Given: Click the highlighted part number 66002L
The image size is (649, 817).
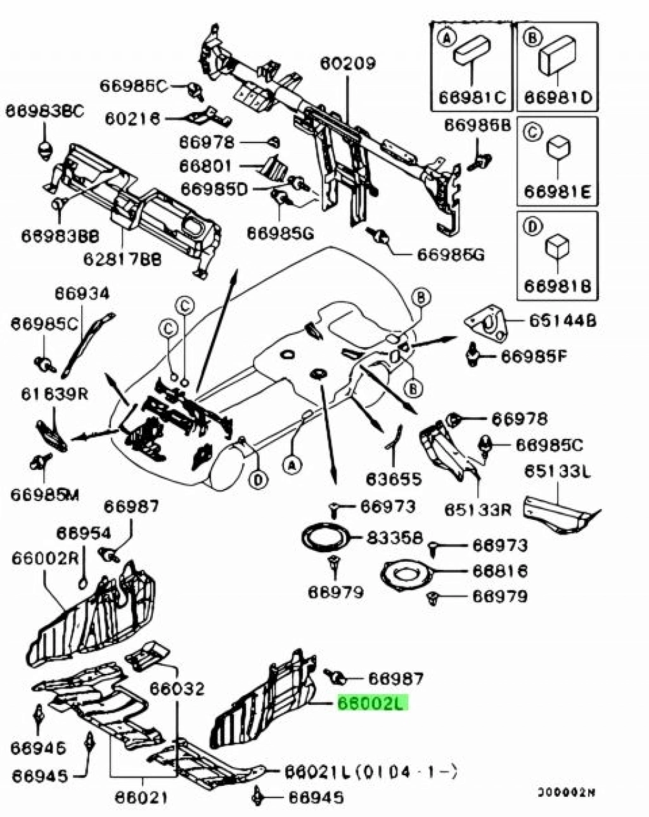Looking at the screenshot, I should point(373,703).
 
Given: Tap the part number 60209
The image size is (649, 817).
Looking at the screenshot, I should point(347,63).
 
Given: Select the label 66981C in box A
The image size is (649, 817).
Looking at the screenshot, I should point(472,98).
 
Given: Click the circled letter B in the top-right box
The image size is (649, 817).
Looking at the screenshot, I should point(532,39).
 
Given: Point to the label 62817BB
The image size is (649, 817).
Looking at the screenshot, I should point(122,259).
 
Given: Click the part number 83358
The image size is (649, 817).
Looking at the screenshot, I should point(394,538).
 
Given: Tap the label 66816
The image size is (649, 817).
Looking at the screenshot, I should point(499,571).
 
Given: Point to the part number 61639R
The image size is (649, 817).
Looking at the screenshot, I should point(55,394).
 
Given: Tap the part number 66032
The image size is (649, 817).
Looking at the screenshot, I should point(177,689).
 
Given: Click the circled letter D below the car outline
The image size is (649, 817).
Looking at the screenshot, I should point(257,481).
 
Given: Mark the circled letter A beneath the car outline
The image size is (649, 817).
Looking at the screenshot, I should point(291,465).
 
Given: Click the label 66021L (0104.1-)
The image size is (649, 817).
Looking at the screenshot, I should point(369,771).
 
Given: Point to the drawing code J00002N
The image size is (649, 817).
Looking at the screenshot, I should point(567,792).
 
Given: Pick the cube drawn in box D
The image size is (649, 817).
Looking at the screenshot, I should point(557,245).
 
